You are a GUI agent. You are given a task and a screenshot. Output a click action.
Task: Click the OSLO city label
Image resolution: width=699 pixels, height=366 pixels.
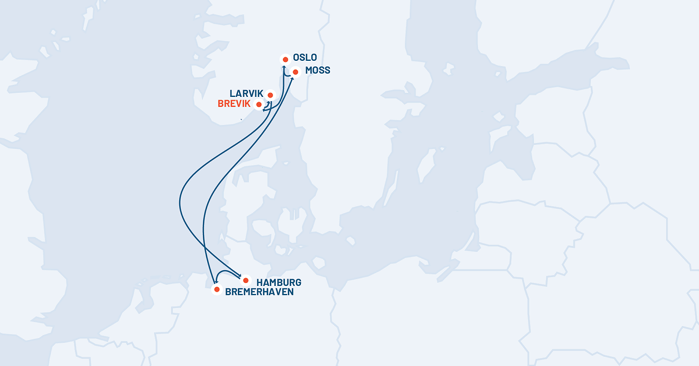[306, 57]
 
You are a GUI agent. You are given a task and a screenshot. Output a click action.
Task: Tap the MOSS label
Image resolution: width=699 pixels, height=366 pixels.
[317, 71]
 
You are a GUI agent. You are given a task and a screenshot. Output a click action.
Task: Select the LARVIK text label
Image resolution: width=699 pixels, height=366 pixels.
[246, 93]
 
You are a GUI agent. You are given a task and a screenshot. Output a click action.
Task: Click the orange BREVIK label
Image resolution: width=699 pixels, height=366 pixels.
[234, 104]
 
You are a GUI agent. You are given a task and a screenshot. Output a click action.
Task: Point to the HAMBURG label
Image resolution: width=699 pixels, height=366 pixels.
[278, 283]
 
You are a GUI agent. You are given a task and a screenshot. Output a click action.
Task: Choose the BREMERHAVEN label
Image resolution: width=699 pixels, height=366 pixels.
[259, 291]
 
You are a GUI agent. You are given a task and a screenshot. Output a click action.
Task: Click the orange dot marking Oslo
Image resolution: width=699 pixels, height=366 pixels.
[285, 59]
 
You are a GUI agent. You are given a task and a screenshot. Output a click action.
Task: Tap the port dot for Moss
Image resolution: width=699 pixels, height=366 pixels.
[295, 72]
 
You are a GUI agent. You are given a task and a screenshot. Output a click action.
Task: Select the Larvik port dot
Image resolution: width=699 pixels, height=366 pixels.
[270, 94]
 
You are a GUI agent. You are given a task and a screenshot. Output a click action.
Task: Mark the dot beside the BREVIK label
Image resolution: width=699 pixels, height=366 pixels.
[259, 105]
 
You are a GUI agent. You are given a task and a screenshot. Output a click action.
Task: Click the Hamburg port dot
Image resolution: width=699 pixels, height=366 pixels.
[246, 280]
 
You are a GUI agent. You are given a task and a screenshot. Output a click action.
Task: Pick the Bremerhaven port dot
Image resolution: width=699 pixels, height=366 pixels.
[217, 289]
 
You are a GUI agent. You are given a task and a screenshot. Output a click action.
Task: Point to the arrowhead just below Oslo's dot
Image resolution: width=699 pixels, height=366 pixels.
[284, 68]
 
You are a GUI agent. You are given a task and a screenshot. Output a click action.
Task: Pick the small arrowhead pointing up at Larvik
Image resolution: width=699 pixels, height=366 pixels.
[270, 103]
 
